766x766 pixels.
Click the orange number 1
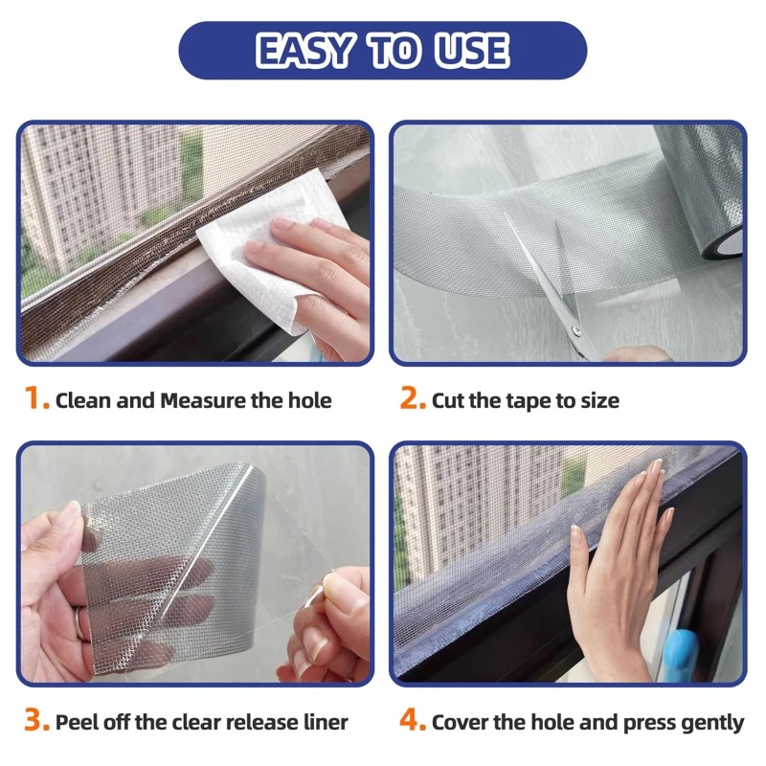[x=35, y=399]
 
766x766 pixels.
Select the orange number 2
[x=412, y=399]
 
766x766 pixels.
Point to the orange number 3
[x=36, y=721]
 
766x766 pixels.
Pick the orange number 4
[x=413, y=721]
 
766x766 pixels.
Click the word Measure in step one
[x=202, y=400]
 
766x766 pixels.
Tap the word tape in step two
[x=517, y=400]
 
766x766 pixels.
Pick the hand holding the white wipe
[x=316, y=278]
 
